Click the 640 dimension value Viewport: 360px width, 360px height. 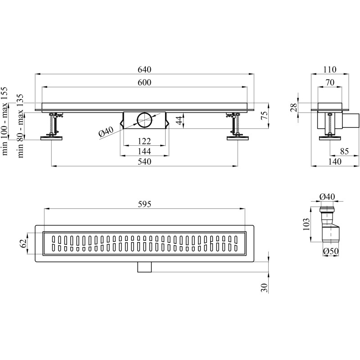pyautogui.click(x=144, y=69)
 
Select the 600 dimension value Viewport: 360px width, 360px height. pyautogui.click(x=144, y=82)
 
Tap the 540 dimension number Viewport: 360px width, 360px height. pyautogui.click(x=144, y=162)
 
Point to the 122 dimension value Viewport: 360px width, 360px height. pyautogui.click(x=144, y=141)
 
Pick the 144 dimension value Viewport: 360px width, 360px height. pyautogui.click(x=144, y=151)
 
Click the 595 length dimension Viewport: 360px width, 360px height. pyautogui.click(x=144, y=204)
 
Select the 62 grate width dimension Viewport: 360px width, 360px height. pyautogui.click(x=23, y=243)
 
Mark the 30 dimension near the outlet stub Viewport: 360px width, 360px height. pyautogui.click(x=264, y=288)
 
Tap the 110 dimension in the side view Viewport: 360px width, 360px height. pyautogui.click(x=330, y=69)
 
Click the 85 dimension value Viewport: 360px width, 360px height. pyautogui.click(x=344, y=151)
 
